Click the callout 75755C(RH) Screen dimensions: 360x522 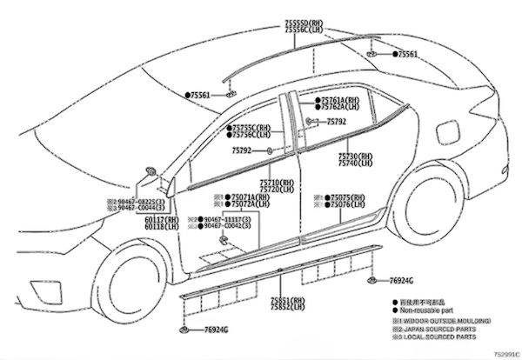(251, 127)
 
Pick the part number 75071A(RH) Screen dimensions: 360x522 (246, 197)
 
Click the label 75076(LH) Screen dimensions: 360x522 (346, 205)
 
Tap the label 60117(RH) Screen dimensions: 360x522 (161, 220)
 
